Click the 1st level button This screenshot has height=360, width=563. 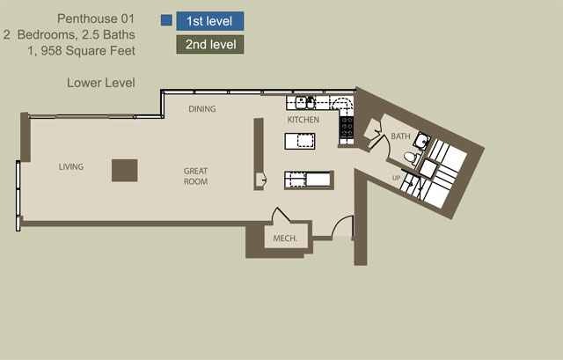coord(210,21)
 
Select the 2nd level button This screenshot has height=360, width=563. coord(210,45)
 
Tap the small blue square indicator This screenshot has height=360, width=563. coord(166,20)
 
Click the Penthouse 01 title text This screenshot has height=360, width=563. coord(96,18)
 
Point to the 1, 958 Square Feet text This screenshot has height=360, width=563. coord(82,51)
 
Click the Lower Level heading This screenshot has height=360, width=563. coord(101,83)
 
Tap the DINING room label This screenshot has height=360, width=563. coord(202,109)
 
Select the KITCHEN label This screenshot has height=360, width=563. coord(303,120)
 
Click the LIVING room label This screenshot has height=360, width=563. coord(71,166)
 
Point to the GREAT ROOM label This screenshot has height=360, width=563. coord(195,176)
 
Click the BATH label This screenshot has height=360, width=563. coord(400,136)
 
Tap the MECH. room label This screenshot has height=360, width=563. coord(285,239)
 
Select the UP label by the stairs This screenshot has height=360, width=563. coord(396,178)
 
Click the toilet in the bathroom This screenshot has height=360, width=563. coord(411,158)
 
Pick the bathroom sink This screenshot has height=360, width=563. coord(421,141)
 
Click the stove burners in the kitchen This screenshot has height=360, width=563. coord(347,128)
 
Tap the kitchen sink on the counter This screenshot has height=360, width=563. coord(305,103)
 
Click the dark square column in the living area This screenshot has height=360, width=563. coord(125,170)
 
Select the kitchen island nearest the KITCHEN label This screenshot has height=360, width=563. coord(300,141)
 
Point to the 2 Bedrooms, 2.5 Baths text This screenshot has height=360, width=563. coord(69,35)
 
